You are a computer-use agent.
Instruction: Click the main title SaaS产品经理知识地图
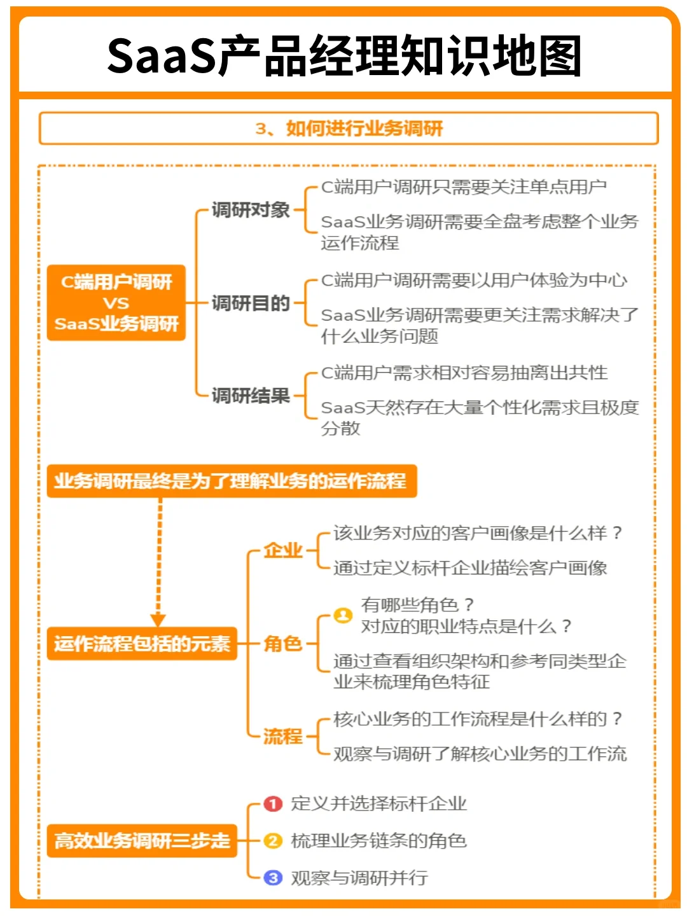(344, 56)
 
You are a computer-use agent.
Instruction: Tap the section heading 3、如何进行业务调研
(349, 128)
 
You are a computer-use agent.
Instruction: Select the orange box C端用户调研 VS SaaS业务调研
(116, 303)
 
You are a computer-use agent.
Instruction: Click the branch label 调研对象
(251, 210)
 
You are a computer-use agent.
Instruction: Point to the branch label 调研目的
(251, 303)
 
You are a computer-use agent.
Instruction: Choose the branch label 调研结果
(251, 396)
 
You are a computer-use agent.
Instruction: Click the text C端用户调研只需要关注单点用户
(464, 187)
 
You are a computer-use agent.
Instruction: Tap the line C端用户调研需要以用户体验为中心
(474, 281)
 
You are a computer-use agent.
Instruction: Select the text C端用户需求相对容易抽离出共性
(464, 373)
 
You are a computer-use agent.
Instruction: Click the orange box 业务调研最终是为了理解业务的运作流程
(232, 481)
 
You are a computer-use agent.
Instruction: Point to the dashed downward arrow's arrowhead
(158, 620)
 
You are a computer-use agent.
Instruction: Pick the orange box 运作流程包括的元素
(142, 644)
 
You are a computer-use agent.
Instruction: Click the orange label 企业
(283, 550)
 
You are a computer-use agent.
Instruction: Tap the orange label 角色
(283, 644)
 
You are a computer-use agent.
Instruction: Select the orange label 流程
(283, 737)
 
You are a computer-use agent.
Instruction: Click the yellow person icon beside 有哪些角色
(343, 615)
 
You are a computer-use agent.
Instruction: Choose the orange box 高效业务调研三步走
(142, 840)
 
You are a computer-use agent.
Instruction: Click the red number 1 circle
(273, 804)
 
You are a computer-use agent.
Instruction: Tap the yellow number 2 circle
(273, 841)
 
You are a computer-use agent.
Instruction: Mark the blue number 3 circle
(273, 878)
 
